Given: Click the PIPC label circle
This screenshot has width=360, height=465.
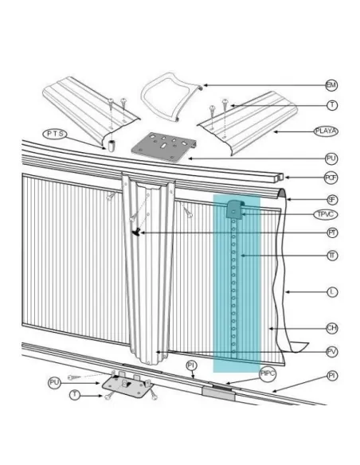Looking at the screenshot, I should coord(266,372).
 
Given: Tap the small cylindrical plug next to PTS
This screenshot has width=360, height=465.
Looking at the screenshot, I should coord(112,147).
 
